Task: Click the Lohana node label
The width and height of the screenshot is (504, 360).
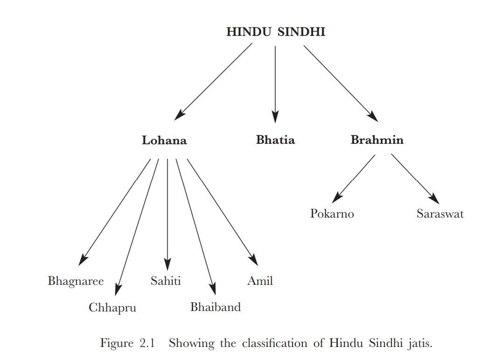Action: tap(164, 140)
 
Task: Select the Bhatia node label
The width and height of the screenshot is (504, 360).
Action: tap(275, 140)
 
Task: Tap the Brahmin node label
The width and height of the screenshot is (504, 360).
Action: tap(377, 140)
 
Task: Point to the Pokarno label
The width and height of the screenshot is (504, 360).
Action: tap(332, 214)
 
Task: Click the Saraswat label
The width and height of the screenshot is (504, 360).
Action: tap(440, 214)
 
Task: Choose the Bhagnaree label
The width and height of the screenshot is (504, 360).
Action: tap(76, 281)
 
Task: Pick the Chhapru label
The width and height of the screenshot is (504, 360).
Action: tap(112, 308)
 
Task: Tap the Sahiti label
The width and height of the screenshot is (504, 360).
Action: tap(166, 281)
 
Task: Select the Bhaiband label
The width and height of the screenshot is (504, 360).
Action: tap(215, 307)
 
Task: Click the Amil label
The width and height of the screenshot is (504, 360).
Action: tap(260, 281)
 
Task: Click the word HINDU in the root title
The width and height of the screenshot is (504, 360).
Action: tap(249, 32)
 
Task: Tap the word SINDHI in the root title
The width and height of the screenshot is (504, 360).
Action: tap(301, 32)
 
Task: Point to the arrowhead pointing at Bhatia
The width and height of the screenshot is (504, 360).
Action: tap(275, 117)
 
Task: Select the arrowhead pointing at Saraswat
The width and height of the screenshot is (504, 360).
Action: tap(434, 198)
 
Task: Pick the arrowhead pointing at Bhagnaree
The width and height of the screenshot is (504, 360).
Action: tap(83, 260)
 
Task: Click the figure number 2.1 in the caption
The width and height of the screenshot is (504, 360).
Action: tap(147, 343)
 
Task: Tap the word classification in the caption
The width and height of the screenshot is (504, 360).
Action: tap(275, 343)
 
